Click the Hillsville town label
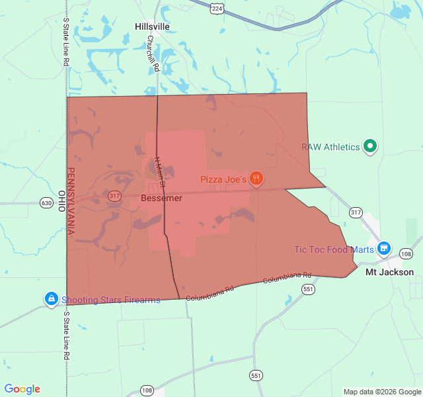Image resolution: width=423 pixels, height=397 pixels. [x=152, y=26]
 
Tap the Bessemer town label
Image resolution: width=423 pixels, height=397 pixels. [x=161, y=198]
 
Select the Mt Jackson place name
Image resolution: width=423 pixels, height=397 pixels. [x=390, y=272]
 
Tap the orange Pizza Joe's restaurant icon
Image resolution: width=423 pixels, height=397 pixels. [x=256, y=179]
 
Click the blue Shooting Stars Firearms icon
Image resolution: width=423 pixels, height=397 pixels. [x=51, y=299]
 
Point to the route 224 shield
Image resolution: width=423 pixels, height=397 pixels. [x=217, y=7]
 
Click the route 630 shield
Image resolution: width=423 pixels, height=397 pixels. [x=46, y=202]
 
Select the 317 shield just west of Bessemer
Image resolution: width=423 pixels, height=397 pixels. [x=115, y=196]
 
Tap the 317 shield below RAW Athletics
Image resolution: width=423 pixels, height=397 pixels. [x=356, y=212]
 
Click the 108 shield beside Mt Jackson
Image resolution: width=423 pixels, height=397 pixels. [x=406, y=254]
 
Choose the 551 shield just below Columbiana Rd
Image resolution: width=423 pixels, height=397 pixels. [x=308, y=289]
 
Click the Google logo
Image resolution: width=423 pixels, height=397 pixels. [x=22, y=390]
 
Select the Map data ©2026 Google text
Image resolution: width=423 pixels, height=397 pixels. [x=382, y=392]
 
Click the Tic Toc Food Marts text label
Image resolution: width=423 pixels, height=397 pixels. [x=334, y=249]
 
